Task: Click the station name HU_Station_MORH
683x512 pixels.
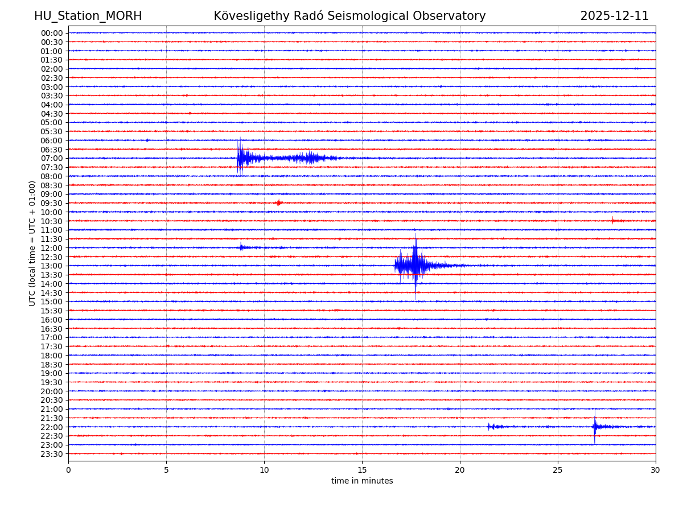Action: [88, 16]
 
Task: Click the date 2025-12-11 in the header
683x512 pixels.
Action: [614, 16]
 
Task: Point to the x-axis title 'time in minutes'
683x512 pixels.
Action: [362, 481]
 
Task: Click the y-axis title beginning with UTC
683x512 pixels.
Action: [32, 243]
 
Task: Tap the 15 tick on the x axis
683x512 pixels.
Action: [362, 470]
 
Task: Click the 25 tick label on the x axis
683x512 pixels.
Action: [558, 470]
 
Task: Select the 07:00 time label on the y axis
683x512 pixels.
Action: [52, 158]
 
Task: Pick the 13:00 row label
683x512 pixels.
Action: [52, 266]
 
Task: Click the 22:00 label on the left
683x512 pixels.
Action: [52, 427]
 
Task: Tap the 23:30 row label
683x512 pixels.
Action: [52, 453]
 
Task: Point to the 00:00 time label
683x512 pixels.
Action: [52, 33]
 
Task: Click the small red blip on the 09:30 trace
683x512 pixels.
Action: [278, 203]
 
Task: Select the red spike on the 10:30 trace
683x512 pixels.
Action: [613, 220]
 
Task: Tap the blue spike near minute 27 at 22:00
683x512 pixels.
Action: [594, 426]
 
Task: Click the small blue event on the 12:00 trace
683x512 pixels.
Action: [241, 247]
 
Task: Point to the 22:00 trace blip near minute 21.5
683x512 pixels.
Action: [488, 426]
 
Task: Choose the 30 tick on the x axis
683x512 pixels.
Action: [656, 470]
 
